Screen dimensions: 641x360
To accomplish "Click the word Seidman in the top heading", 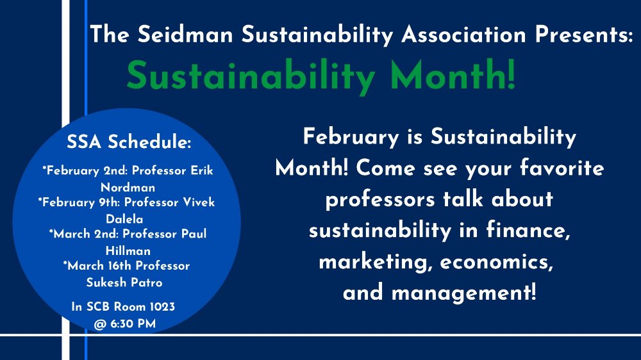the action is pos(185,34).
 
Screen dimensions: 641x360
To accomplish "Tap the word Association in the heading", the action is pos(463,34).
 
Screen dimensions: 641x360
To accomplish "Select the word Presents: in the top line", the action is pos(585,34).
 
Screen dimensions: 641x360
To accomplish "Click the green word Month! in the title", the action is pos(453,75).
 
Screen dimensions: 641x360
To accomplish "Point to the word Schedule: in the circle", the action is pos(149,142).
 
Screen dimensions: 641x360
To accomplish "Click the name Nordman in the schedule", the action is pos(128,188).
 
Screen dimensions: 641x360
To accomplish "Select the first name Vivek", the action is pos(199,202).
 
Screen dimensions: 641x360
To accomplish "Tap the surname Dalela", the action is pos(124,219).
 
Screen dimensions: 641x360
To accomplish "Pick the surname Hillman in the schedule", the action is pos(128,250).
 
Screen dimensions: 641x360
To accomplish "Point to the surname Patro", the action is pos(147,282).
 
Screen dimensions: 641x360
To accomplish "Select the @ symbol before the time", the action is pos(100,325).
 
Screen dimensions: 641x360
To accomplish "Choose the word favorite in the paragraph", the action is pos(562,168).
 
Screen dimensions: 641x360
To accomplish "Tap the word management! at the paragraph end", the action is pos(463,293).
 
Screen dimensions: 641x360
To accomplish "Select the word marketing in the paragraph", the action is pos(373,262).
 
